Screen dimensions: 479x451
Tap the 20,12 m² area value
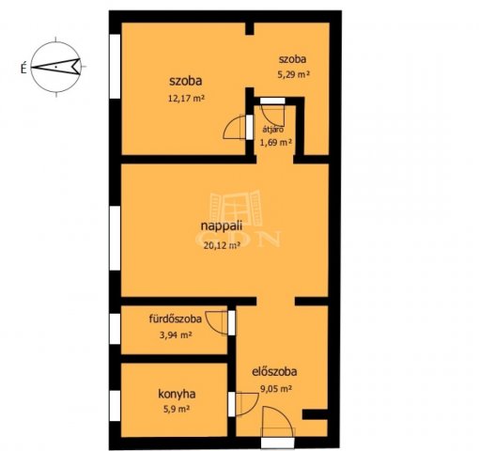pyautogui.click(x=222, y=245)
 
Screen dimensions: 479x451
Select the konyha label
pyautogui.click(x=177, y=395)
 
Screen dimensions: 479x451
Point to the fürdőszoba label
pyautogui.click(x=176, y=319)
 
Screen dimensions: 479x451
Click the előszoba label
pyautogui.click(x=274, y=372)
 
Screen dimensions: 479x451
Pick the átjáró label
pyautogui.click(x=273, y=130)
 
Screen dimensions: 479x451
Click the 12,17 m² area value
pyautogui.click(x=186, y=99)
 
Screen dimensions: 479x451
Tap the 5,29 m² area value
pyautogui.click(x=293, y=74)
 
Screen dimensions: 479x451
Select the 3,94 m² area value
pyautogui.click(x=176, y=335)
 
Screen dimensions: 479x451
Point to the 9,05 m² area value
pyautogui.click(x=276, y=389)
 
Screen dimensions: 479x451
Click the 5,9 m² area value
pyautogui.click(x=177, y=409)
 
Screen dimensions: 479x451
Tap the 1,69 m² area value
pyautogui.click(x=276, y=143)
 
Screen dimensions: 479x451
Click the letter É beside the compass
pyautogui.click(x=23, y=69)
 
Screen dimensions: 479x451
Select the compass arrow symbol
pyautogui.click(x=55, y=67)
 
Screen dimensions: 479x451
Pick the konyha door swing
pyautogui.click(x=247, y=404)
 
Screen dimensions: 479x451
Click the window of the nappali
pyautogui.click(x=115, y=238)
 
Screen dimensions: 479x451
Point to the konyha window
pyautogui.click(x=115, y=406)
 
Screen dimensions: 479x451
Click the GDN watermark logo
pyautogui.click(x=238, y=219)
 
